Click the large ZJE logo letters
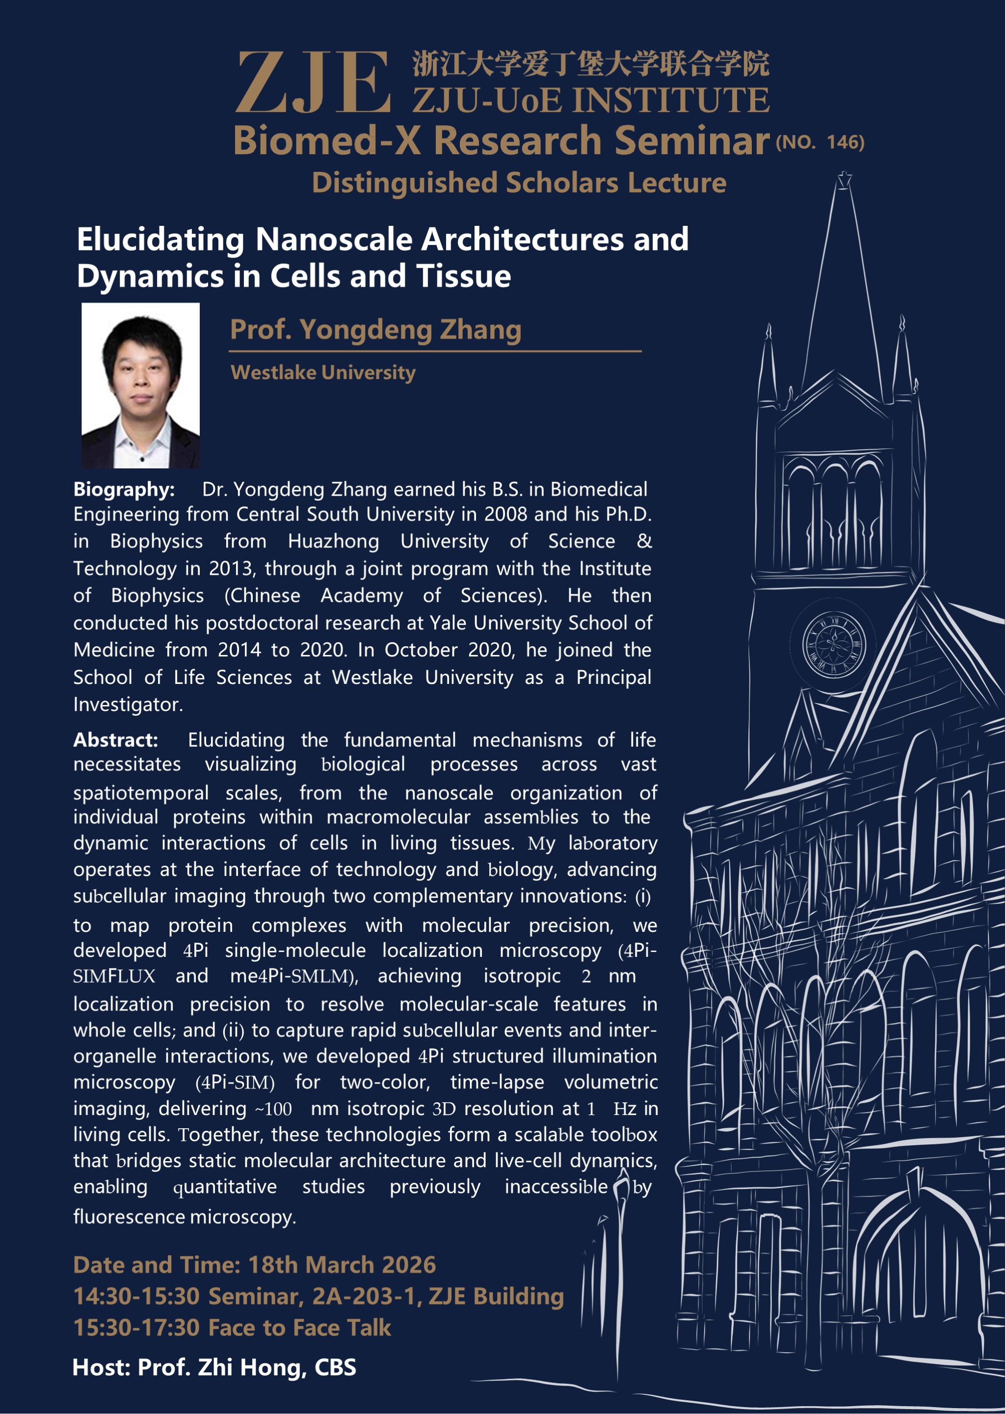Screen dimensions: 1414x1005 (313, 82)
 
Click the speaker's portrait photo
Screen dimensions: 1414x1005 (140, 385)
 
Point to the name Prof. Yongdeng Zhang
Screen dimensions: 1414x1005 (375, 329)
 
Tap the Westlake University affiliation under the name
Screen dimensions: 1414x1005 (322, 373)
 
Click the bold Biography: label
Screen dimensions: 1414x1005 (124, 489)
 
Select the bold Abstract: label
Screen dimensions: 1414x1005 (116, 740)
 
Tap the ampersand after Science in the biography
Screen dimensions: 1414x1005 (644, 541)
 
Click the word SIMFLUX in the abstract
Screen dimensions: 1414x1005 (114, 977)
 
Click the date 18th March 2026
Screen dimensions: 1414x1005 (342, 1265)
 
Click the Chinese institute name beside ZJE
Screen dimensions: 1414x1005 (591, 64)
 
